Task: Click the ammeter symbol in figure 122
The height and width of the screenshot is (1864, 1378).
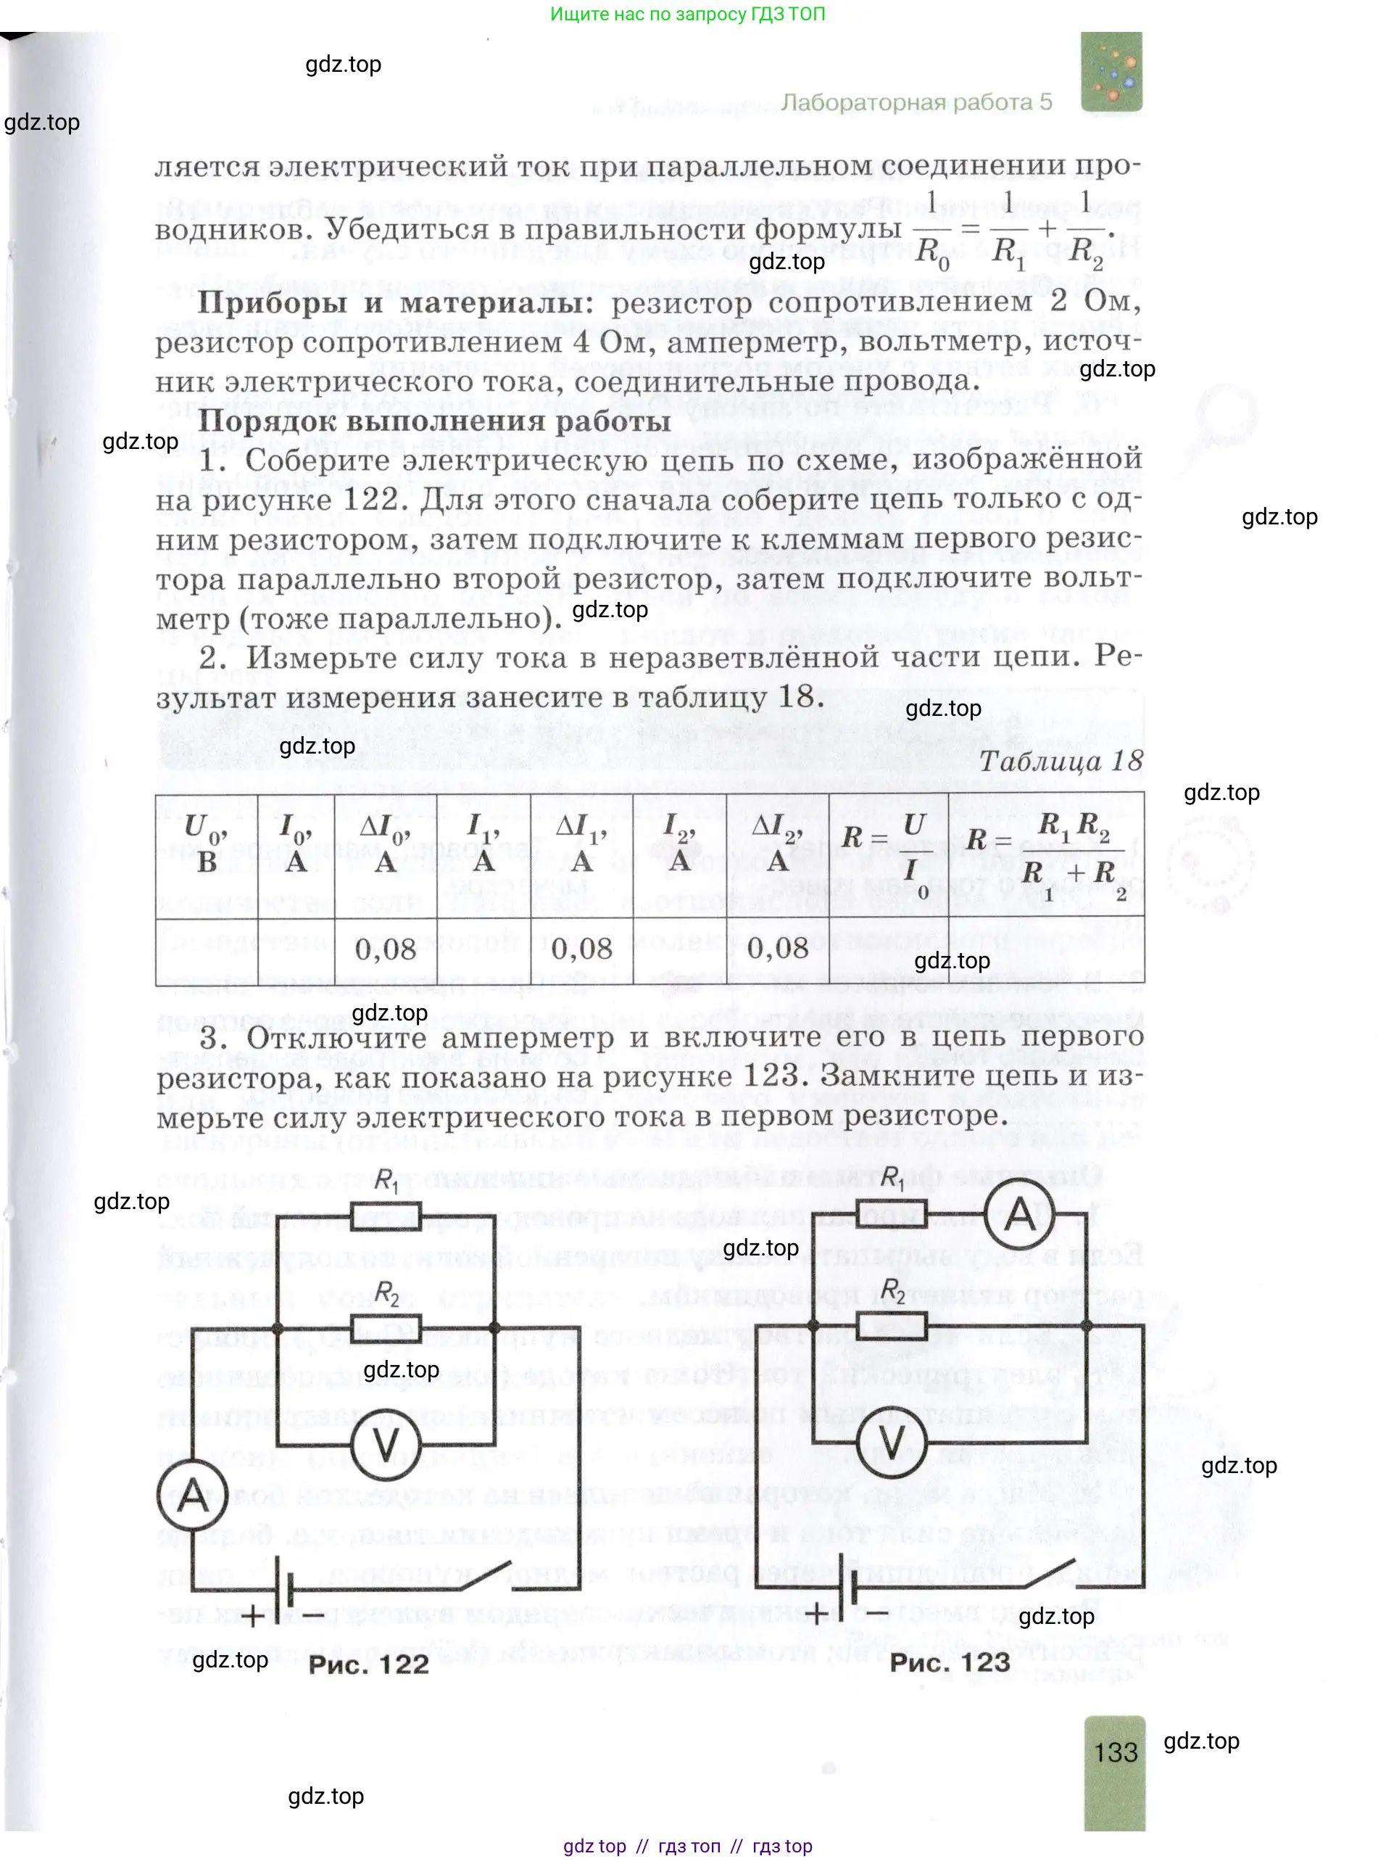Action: (x=193, y=1494)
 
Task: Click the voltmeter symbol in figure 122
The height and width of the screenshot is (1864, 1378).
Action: (x=384, y=1444)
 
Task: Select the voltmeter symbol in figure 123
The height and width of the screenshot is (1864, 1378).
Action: (x=892, y=1443)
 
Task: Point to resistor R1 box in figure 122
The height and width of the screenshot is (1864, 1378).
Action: (x=386, y=1216)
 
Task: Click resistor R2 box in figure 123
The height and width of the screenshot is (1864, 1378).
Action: (x=892, y=1324)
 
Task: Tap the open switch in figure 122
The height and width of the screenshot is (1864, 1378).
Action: (x=479, y=1575)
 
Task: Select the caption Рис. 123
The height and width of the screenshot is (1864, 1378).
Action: (x=950, y=1662)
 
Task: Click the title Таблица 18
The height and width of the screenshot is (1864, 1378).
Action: (x=1061, y=761)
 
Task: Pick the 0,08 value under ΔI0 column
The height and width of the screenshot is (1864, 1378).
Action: (x=386, y=949)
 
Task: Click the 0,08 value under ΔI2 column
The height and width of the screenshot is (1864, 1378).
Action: (x=777, y=949)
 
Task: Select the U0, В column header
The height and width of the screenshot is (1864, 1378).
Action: (x=206, y=844)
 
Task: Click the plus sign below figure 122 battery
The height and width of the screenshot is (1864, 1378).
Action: (x=253, y=1616)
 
